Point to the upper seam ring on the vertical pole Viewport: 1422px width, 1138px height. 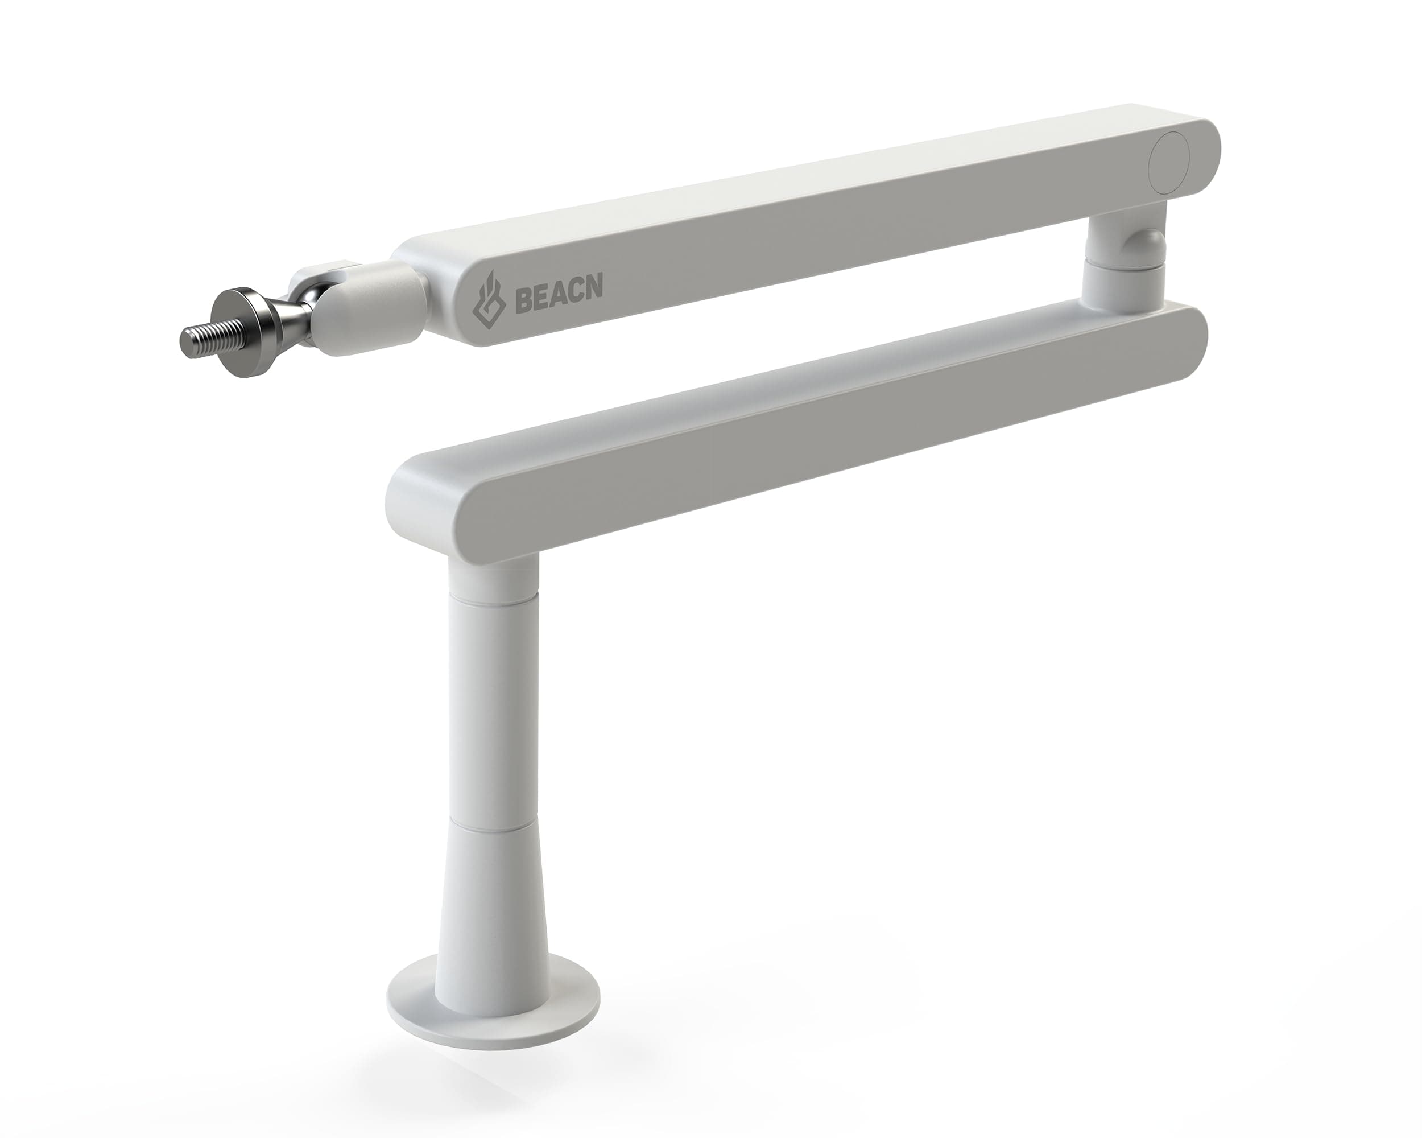[x=492, y=599]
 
